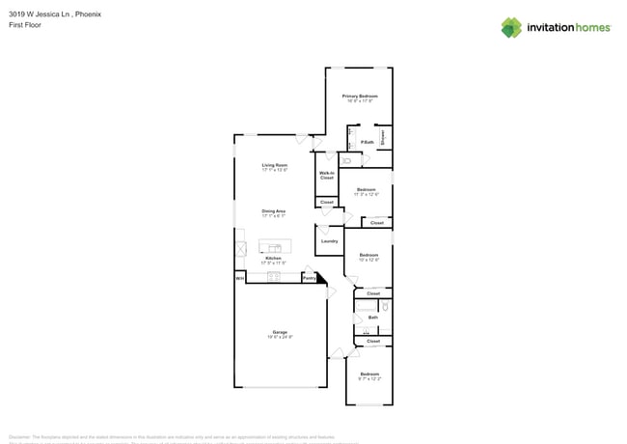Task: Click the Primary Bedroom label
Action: pos(360,97)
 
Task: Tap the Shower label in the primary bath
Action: pos(383,137)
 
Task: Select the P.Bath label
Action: pos(368,142)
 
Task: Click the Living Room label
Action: pos(275,165)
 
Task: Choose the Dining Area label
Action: pos(274,210)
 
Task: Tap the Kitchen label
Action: pos(274,258)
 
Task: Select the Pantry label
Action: pos(309,278)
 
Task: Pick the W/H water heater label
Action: pos(239,278)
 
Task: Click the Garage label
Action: pos(280,332)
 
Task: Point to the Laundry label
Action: pos(329,240)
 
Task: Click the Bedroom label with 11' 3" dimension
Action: pos(367,189)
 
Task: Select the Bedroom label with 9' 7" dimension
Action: pos(369,374)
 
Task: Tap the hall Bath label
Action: pos(372,317)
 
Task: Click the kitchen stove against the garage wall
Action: pos(274,277)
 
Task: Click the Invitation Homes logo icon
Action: pos(511,28)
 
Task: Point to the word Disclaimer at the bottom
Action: pos(19,436)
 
